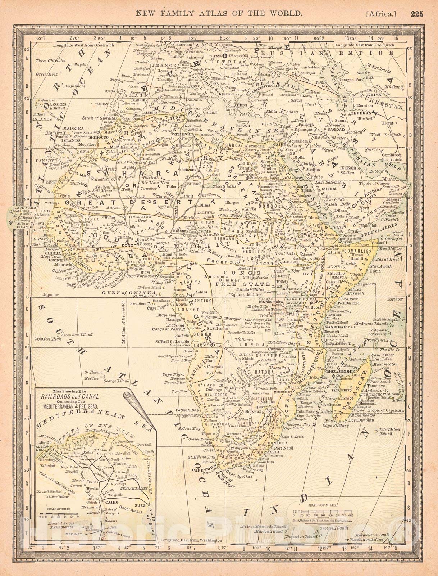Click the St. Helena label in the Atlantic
(x=92, y=373)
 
